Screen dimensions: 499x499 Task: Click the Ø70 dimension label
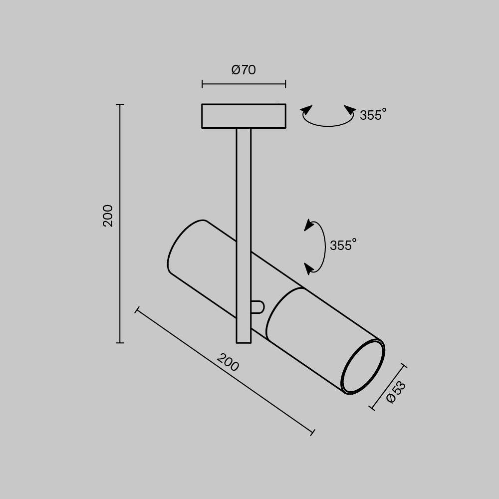(x=244, y=70)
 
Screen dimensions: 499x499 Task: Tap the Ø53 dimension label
(x=397, y=392)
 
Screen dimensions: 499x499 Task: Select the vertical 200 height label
(x=108, y=216)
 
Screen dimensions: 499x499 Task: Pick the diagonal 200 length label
(x=228, y=362)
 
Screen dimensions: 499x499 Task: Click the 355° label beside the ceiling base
(x=373, y=115)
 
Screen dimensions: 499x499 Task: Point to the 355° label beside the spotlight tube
(x=343, y=246)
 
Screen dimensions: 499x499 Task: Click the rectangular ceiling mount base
(x=244, y=116)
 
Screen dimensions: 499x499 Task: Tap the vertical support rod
(x=244, y=200)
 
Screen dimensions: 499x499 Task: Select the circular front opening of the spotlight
(x=363, y=367)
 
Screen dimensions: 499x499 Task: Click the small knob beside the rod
(x=257, y=307)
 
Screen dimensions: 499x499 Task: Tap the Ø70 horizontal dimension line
(x=244, y=84)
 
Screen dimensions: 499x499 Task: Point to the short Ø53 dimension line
(x=388, y=387)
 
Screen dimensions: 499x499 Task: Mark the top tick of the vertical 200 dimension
(x=120, y=105)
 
